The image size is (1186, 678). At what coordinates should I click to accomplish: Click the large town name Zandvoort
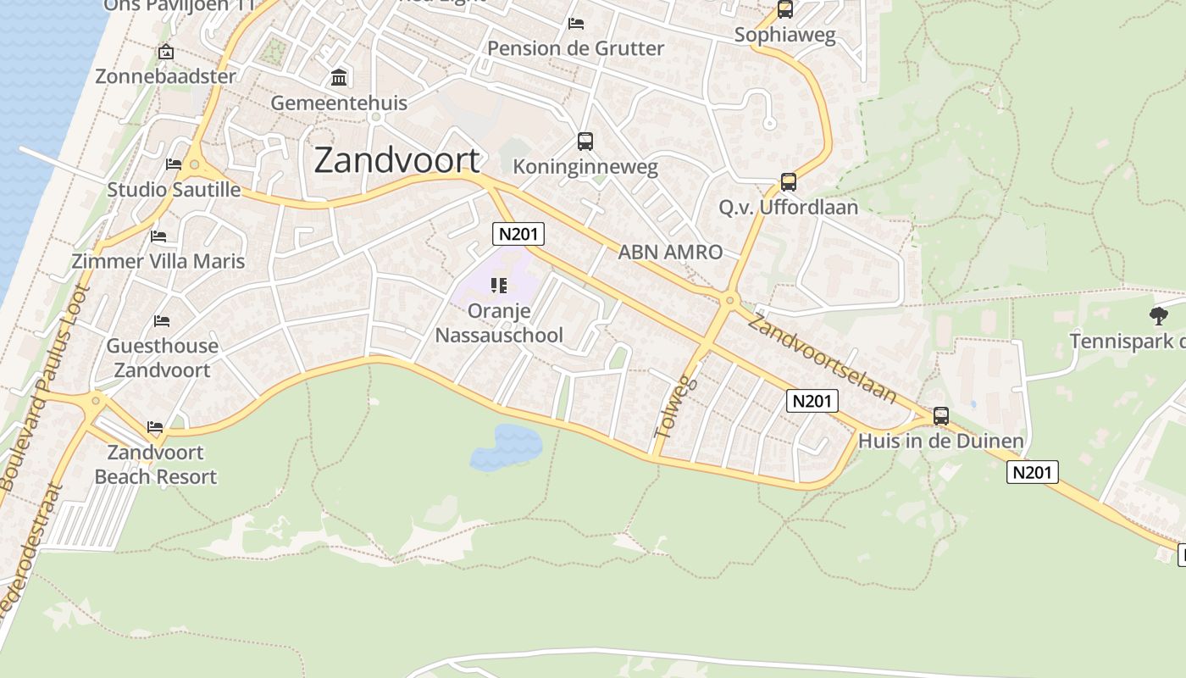396,160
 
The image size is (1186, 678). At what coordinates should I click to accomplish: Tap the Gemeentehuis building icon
340,78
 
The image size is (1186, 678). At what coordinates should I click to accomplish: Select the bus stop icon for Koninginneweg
585,142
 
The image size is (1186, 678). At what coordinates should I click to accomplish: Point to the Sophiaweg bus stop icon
785,10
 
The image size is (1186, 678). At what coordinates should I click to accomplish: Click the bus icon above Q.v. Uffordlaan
789,182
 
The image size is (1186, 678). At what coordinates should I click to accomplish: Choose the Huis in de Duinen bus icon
941,416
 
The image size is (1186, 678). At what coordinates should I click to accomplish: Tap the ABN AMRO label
670,252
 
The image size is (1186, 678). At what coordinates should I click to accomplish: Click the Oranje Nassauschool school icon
499,286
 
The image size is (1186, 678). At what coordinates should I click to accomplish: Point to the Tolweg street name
674,407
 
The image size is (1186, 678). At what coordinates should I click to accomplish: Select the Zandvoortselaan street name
822,358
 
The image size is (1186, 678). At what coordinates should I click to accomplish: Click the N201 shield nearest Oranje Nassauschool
518,234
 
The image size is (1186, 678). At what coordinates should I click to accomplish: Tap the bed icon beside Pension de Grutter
576,24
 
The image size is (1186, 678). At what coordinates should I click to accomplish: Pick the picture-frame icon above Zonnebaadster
166,53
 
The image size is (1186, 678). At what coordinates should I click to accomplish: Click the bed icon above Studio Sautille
174,164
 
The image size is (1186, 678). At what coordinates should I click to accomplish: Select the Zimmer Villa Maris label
158,261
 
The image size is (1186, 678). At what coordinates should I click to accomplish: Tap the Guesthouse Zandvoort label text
162,358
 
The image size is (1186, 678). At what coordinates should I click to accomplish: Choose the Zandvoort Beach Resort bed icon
154,427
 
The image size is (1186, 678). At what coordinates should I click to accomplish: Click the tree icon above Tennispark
1158,317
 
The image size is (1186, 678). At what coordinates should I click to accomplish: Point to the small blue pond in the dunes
506,447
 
